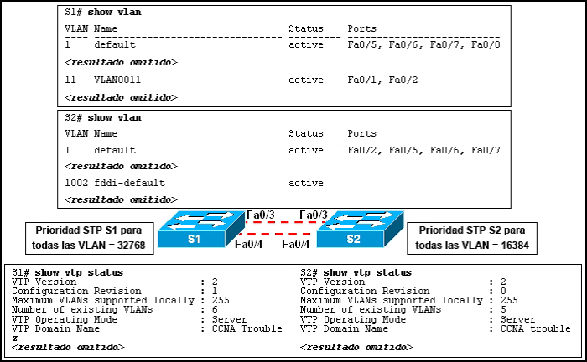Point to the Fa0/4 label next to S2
point(296,245)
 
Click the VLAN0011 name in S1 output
point(117,80)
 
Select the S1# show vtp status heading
point(69,272)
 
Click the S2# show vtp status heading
point(356,272)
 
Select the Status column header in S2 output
point(305,133)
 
